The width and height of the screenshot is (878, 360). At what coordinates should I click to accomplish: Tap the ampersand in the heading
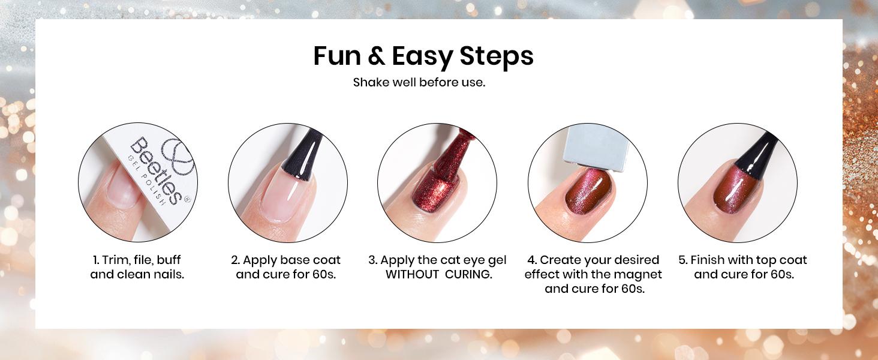pos(376,56)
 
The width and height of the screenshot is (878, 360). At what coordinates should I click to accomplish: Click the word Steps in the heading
pos(497,56)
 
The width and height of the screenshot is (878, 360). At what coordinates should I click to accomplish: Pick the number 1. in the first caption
pos(96,260)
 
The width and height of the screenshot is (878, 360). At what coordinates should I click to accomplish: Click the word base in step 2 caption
pos(293,260)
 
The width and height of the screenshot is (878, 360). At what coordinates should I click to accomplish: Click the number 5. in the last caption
pos(682,260)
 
